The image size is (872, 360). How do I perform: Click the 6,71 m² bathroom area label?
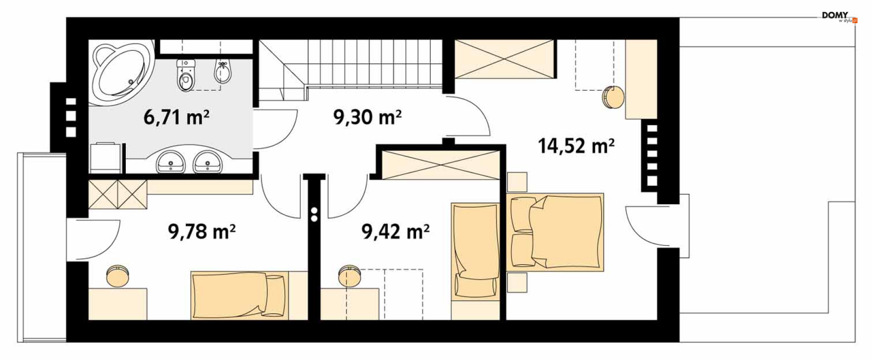pyautogui.click(x=176, y=117)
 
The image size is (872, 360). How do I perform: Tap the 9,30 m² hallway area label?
pyautogui.click(x=367, y=117)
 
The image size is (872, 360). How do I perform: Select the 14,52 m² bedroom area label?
pyautogui.click(x=576, y=146)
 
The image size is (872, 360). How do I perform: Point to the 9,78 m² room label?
pyautogui.click(x=202, y=232)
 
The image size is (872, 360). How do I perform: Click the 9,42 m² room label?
pyautogui.click(x=396, y=232)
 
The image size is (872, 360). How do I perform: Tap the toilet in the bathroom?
pyautogui.click(x=186, y=75)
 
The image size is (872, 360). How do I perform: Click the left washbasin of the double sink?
pyautogui.click(x=171, y=162)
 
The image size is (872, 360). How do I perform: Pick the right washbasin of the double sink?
pyautogui.click(x=208, y=162)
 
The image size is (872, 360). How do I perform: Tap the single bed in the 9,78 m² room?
pyautogui.click(x=240, y=295)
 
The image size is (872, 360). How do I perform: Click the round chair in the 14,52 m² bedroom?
pyautogui.click(x=613, y=97)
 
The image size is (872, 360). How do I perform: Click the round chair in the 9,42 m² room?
pyautogui.click(x=350, y=276)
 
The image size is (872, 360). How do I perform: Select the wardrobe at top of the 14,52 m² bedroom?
pyautogui.click(x=504, y=59)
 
